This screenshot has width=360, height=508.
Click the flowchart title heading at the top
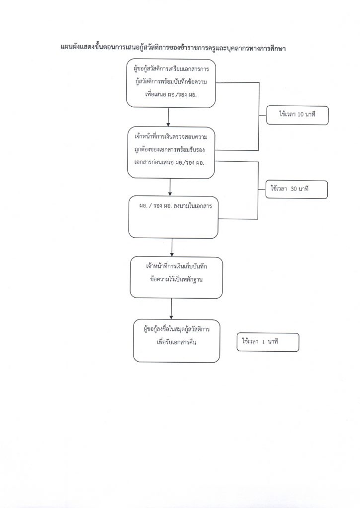click(172, 48)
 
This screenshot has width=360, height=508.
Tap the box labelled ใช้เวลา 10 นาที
click(297, 115)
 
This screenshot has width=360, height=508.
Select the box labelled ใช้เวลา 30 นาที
click(296, 189)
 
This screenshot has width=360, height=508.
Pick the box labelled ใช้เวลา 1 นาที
click(268, 342)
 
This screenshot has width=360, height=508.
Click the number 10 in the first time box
click(300, 114)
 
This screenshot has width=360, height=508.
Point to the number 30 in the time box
click(294, 188)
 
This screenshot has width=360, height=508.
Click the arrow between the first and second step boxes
click(168, 117)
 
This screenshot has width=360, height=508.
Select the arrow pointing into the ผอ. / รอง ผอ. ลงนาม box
click(170, 187)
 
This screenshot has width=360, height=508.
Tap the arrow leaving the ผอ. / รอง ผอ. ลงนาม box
click(172, 248)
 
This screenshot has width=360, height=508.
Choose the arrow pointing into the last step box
click(171, 309)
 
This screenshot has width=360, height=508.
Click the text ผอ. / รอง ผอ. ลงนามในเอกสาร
click(175, 206)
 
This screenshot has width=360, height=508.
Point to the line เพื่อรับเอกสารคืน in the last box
click(176, 342)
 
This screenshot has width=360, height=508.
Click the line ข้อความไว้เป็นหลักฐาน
click(176, 279)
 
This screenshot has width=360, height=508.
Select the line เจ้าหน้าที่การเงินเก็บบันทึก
click(176, 266)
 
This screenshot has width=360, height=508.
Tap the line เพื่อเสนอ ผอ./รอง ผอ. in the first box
click(171, 95)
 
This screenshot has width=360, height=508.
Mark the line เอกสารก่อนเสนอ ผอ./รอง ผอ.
click(169, 163)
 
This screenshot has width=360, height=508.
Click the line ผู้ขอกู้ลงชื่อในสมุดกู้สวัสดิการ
click(176, 329)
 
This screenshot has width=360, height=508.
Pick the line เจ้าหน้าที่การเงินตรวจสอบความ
click(171, 137)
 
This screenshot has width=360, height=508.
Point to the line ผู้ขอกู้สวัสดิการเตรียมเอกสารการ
click(171, 69)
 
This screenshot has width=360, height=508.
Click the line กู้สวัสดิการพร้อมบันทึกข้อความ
click(171, 82)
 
